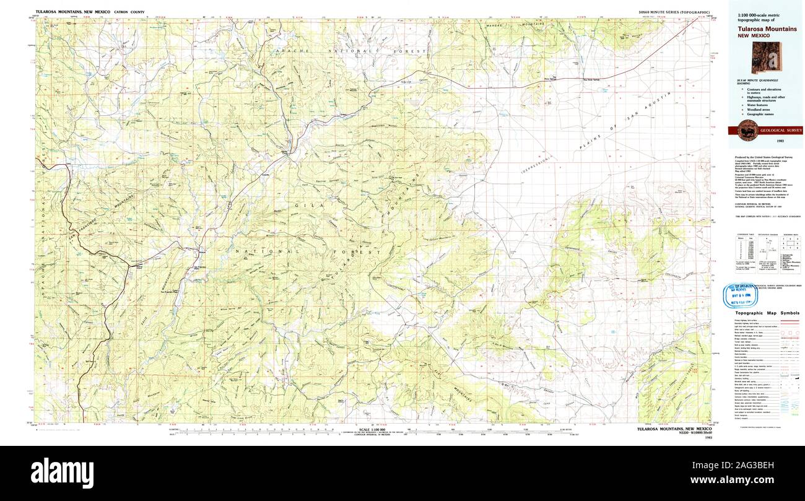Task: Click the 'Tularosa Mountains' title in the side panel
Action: point(767,28)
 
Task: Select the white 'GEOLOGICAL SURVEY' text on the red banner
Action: point(781,130)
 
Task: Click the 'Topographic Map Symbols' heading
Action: point(766,313)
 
